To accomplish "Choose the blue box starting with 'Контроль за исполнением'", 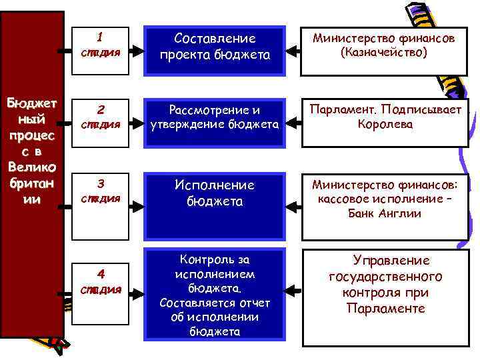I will click(x=215, y=293).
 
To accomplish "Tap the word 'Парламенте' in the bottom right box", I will click(x=385, y=309).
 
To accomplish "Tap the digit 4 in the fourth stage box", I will click(x=100, y=273).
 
